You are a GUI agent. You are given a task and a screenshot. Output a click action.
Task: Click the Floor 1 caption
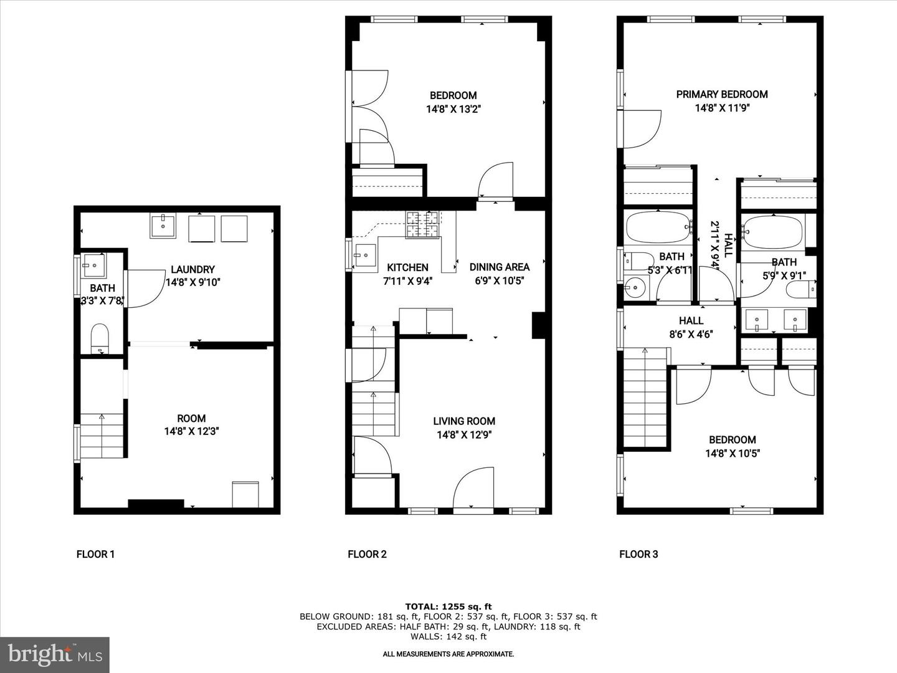tap(95, 554)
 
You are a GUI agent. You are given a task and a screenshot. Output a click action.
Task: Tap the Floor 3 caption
tap(638, 554)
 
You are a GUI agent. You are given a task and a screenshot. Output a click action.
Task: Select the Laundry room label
tap(192, 269)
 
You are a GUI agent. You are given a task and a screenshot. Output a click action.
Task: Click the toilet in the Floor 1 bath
tap(100, 339)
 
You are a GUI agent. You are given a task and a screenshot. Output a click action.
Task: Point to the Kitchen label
tap(407, 267)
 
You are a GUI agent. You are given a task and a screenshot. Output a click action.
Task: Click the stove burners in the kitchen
tap(423, 224)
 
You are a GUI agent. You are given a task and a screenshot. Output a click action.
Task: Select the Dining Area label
tap(499, 267)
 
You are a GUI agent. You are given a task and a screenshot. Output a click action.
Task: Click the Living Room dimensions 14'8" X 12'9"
tap(464, 435)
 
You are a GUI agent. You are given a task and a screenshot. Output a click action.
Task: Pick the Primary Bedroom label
tap(722, 94)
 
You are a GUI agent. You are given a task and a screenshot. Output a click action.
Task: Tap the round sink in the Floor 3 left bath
tap(635, 287)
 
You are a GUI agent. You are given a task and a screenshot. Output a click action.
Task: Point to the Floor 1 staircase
tap(102, 436)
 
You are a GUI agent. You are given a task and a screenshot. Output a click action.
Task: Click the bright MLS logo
tap(55, 654)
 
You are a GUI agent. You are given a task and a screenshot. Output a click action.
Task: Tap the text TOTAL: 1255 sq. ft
tap(448, 606)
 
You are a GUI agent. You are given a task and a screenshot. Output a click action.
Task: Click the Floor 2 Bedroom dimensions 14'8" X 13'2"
tap(453, 109)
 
